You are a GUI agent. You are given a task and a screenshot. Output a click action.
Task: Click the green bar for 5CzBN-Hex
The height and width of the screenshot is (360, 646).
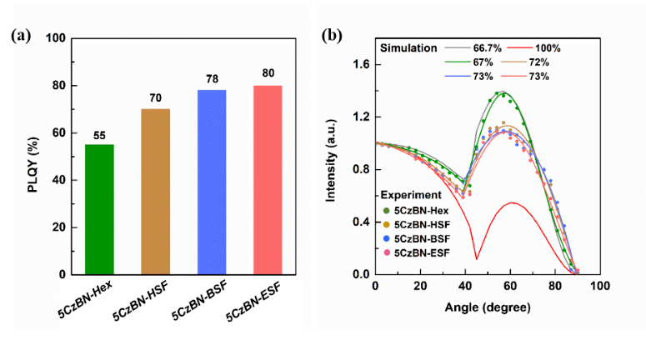100,209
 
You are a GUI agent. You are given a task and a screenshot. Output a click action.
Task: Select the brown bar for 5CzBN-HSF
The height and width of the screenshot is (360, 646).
155,192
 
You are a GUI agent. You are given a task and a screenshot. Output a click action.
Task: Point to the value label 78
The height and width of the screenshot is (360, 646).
211,78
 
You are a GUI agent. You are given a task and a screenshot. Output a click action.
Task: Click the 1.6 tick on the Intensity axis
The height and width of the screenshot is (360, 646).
361,62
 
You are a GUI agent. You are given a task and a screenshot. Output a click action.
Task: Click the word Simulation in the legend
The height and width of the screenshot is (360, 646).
409,47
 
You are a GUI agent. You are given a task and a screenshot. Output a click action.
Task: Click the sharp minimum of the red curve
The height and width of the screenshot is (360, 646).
477,259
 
